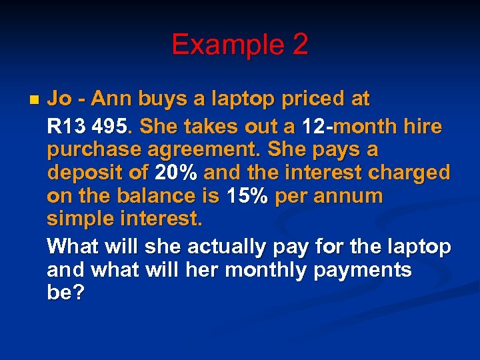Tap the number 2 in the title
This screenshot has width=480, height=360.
coord(299,45)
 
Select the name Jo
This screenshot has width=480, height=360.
coord(60,99)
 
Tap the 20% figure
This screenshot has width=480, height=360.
coord(175,173)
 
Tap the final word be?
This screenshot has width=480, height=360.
coord(65,294)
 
